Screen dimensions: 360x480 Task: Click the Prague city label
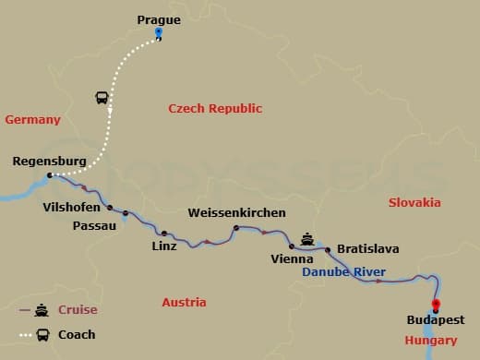point(159,18)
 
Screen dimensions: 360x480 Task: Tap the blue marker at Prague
point(159,33)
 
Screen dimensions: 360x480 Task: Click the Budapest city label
point(436,320)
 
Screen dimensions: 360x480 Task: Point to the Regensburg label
point(50,161)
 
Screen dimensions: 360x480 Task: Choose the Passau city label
point(95,225)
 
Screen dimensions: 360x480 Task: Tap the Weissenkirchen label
point(236,212)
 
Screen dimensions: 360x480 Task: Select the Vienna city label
point(292,259)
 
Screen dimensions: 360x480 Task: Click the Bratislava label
point(368,248)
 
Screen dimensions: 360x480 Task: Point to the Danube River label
point(344,272)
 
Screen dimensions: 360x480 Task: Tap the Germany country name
point(32,120)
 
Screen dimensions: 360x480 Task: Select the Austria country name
point(184,302)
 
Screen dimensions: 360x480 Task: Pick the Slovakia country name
point(414,202)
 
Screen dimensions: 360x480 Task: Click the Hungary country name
point(431,341)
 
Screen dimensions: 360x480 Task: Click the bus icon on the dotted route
point(102,98)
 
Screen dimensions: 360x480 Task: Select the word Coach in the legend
point(77,334)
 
